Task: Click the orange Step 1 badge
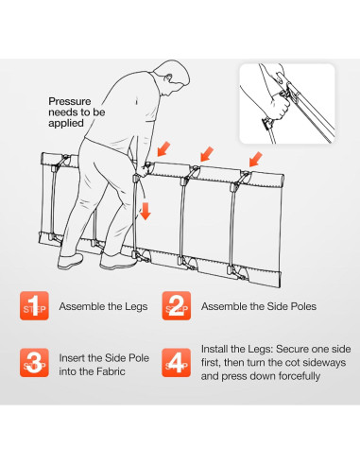[x=34, y=305]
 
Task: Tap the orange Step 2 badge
[x=177, y=305]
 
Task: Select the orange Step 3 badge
[x=34, y=363]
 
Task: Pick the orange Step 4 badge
[x=177, y=363]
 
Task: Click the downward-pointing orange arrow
[x=146, y=211]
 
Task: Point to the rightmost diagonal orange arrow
[x=255, y=159]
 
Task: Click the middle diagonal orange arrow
[x=207, y=154]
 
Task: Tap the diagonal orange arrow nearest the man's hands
[x=163, y=148]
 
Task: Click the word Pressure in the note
[x=70, y=101]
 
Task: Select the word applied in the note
[x=66, y=123]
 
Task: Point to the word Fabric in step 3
[x=111, y=371]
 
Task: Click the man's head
[x=172, y=77]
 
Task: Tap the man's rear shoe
[x=70, y=261]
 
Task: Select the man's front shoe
[x=118, y=261]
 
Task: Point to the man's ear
[x=169, y=77]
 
